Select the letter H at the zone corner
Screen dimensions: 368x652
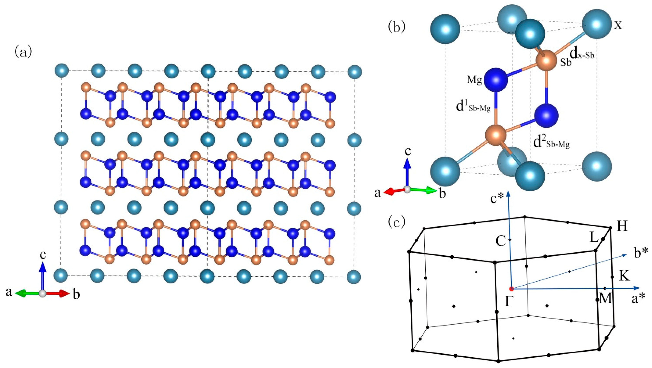point(622,227)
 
